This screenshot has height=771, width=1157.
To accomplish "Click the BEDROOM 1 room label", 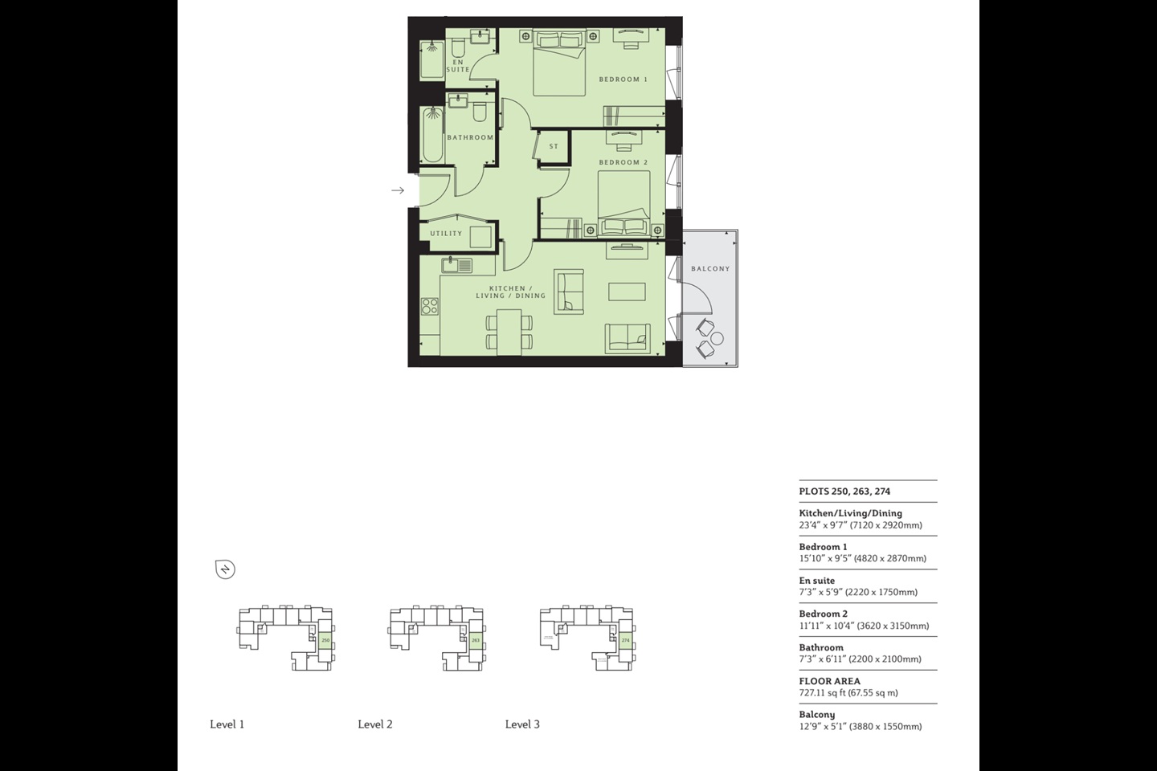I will tap(623, 80).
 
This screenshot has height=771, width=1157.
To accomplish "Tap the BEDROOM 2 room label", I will tap(623, 162).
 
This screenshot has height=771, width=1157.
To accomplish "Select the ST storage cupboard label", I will tap(554, 146).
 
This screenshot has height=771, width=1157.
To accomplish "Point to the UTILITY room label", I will tap(446, 234).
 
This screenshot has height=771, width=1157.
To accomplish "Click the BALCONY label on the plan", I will tap(710, 269).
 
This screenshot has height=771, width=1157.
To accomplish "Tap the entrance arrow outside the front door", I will tap(397, 190).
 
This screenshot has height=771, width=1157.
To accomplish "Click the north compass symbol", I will tap(225, 569).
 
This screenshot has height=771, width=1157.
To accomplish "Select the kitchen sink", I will tap(457, 265).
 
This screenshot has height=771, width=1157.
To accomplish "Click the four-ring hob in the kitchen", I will tap(430, 306).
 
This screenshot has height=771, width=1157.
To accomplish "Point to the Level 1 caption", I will tap(227, 724).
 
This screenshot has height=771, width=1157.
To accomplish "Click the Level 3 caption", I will tap(522, 724).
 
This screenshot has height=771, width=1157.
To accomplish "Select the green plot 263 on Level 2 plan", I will tap(475, 640).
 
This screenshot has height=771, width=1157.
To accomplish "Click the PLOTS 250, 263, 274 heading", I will tap(844, 492).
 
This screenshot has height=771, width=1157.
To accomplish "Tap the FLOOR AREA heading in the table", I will tap(829, 681).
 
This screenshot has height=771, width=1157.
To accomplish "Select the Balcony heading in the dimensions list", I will tap(816, 715).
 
